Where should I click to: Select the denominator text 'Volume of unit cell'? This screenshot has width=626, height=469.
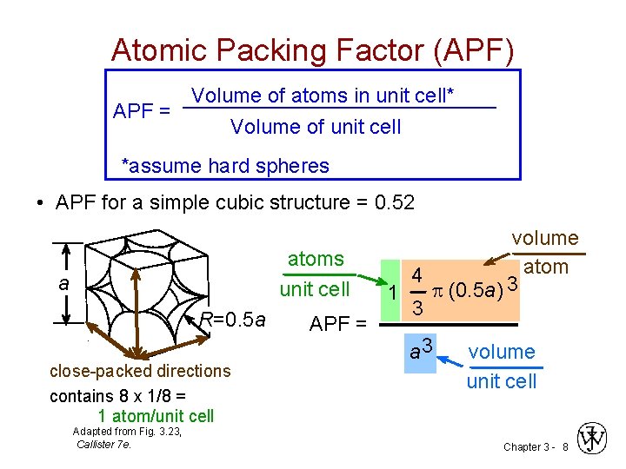coord(316,127)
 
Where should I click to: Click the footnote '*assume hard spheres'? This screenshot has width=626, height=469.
coord(224,166)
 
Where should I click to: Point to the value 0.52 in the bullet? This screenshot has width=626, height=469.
coord(393,203)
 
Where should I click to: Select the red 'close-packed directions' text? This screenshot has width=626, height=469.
coord(140,371)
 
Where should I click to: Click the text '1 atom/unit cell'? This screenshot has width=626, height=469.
coord(156,416)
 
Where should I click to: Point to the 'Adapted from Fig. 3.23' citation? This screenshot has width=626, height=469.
coord(127,432)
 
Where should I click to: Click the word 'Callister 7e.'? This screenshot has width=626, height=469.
coord(103,444)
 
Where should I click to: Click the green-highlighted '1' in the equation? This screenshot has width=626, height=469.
coord(393,293)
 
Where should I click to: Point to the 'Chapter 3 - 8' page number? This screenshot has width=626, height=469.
coord(535,446)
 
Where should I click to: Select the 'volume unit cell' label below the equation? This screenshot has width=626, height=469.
coord(502,366)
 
